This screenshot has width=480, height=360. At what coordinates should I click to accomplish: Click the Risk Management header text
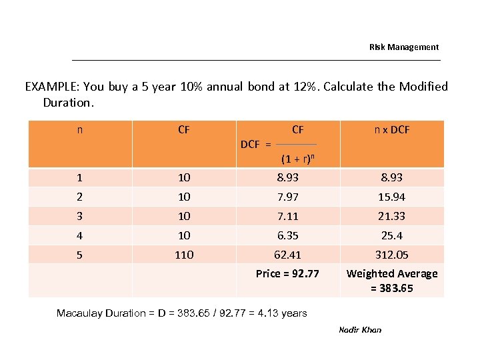[404, 47]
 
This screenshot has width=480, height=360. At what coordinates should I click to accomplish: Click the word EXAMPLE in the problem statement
[51, 87]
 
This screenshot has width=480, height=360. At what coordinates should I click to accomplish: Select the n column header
[80, 129]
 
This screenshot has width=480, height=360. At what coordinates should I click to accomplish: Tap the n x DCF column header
[391, 129]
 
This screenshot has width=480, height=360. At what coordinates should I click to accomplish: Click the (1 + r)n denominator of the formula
[297, 159]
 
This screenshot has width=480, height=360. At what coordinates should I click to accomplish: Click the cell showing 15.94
[391, 197]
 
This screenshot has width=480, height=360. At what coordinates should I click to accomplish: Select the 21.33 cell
[391, 216]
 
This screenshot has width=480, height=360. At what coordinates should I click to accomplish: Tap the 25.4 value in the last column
[391, 235]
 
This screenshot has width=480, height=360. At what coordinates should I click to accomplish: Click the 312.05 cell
[391, 255]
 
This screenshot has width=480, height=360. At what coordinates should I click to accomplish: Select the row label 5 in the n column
[80, 255]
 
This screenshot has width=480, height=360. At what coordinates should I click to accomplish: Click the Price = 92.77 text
[287, 273]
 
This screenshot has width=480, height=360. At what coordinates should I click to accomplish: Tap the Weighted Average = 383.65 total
[391, 281]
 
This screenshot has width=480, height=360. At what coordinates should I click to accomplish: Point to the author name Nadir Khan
[360, 330]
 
